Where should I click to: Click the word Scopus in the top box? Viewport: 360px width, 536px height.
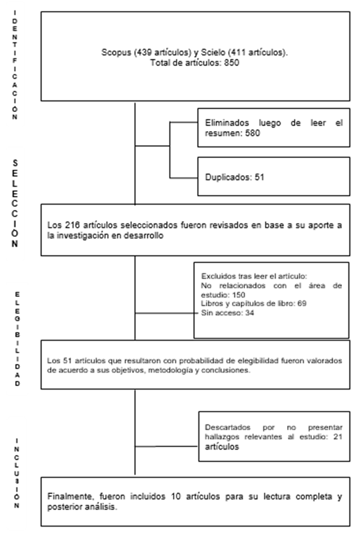[x=115, y=54]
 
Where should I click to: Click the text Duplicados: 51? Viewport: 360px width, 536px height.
[x=235, y=177]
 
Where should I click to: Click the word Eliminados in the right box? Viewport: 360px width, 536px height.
[x=225, y=124]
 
